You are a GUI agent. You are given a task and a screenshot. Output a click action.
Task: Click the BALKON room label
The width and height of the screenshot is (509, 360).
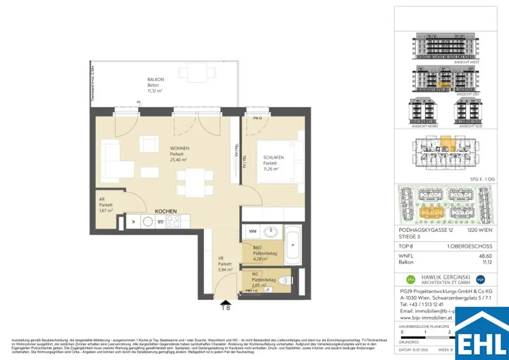[156, 80]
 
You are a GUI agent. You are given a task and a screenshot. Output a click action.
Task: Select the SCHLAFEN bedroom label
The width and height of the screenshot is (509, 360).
[273, 158]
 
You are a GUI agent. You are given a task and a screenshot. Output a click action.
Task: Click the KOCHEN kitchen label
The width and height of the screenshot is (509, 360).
[166, 212]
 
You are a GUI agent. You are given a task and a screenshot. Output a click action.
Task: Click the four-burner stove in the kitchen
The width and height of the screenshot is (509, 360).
[172, 222]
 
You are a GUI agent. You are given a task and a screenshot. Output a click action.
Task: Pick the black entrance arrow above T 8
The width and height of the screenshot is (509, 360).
[226, 302]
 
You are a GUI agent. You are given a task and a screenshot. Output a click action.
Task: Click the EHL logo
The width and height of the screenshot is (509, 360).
[482, 334]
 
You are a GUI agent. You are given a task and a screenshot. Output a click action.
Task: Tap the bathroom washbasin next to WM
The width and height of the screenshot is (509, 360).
[271, 232]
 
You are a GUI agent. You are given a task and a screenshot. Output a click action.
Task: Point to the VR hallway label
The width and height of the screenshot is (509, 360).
[222, 258]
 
